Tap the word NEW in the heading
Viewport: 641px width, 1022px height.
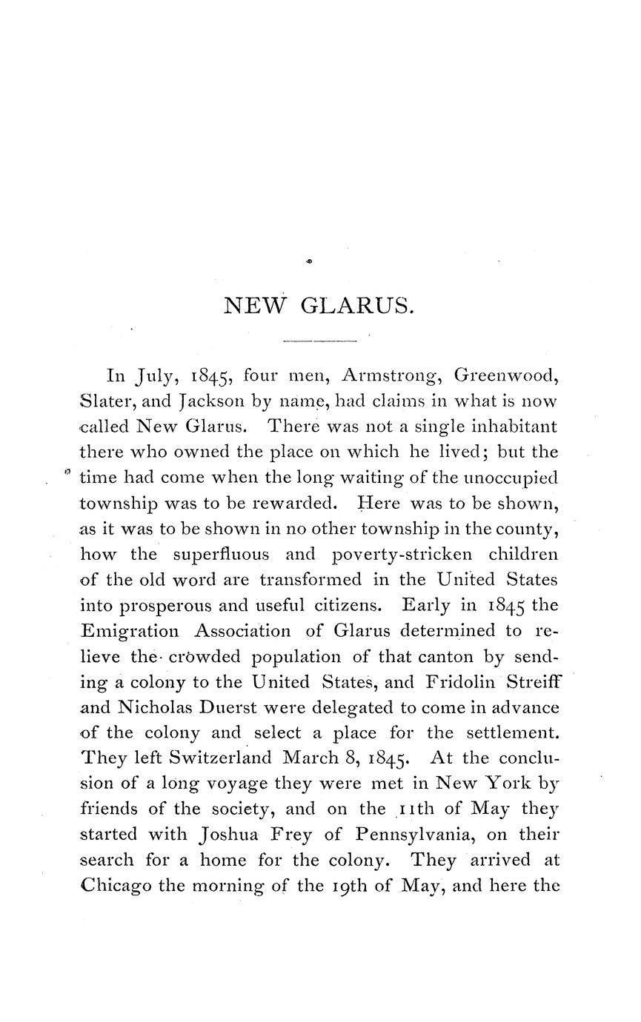(x=255, y=306)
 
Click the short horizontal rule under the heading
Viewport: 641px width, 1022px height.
(x=320, y=341)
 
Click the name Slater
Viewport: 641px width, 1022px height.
(x=103, y=401)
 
